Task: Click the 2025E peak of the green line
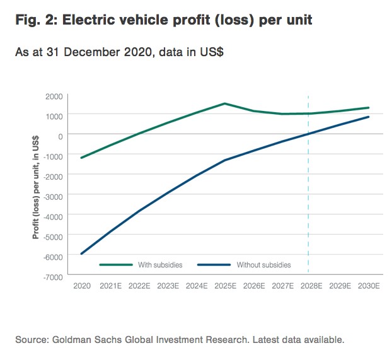(x=225, y=103)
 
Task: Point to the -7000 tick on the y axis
(x=53, y=276)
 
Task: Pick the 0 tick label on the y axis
(x=61, y=135)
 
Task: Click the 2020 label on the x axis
(x=82, y=286)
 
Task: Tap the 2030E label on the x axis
(x=368, y=286)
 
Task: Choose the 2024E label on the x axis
(x=197, y=286)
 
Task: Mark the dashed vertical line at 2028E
(x=308, y=189)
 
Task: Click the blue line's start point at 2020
(x=82, y=253)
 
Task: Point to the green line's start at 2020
(x=82, y=158)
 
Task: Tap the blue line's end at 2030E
(x=368, y=117)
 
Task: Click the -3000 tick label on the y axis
(x=53, y=195)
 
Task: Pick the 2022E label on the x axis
(x=139, y=286)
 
